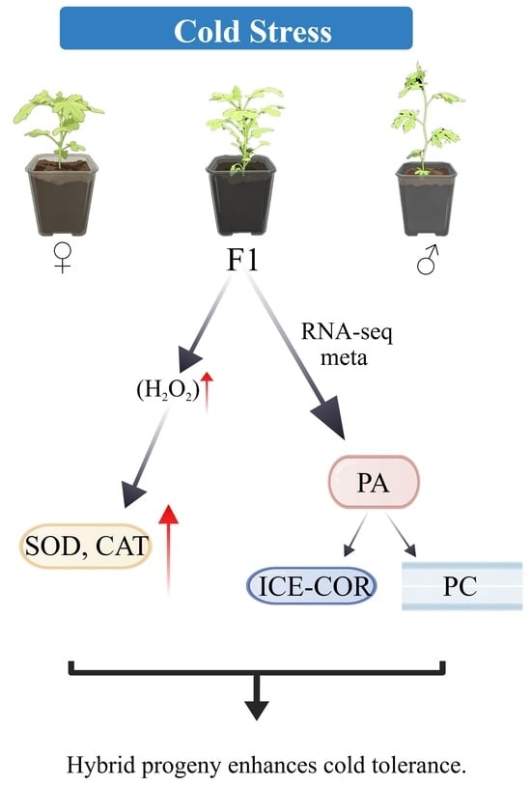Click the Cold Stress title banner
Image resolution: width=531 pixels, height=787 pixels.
[x=236, y=28]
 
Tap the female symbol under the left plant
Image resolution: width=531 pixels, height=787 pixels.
[x=63, y=258]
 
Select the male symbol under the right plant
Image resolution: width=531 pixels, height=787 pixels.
[x=428, y=260]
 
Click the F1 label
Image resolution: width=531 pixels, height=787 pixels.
[x=243, y=260]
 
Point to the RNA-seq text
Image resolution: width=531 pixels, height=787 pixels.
[x=347, y=333]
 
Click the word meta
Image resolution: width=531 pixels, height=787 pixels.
[x=344, y=358]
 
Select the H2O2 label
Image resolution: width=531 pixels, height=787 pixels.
[x=168, y=389]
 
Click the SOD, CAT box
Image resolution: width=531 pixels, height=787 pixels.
[x=86, y=546]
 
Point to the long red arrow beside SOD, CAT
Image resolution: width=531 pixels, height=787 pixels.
[x=169, y=549]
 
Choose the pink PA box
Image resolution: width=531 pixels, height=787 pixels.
[x=374, y=482]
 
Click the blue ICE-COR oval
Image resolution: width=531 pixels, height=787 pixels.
[x=312, y=586]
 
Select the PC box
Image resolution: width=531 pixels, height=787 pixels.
[x=461, y=586]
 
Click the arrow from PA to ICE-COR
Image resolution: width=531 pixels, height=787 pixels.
[x=355, y=535]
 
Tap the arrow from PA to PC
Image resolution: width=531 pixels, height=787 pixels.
[x=402, y=535]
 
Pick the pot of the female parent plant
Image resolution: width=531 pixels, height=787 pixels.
[x=62, y=195]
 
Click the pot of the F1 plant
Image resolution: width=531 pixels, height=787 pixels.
[x=241, y=195]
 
